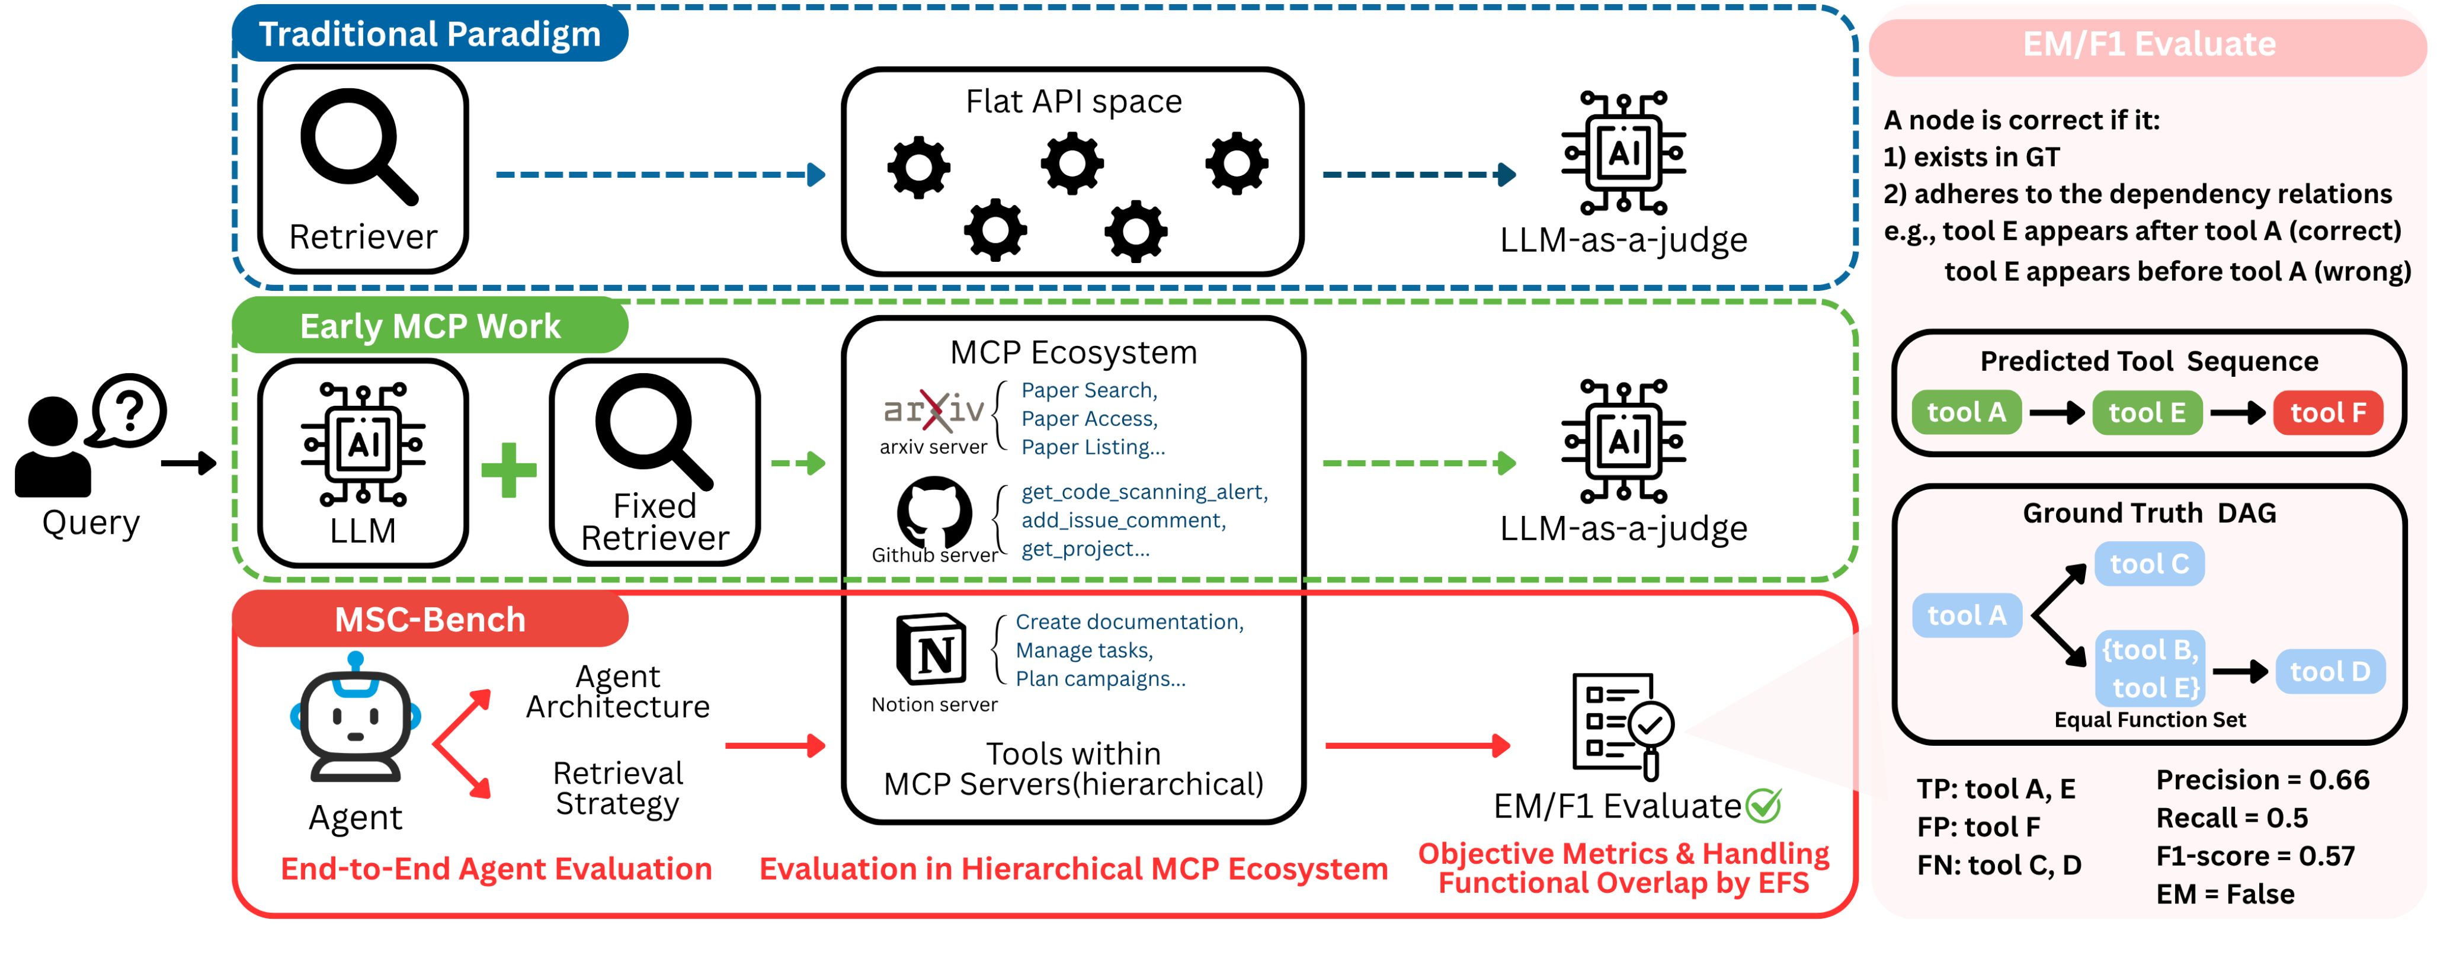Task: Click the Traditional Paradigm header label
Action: (430, 34)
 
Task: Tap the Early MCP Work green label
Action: (430, 326)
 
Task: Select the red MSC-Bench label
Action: (430, 620)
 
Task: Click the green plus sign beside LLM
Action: (509, 469)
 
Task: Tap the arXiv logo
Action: (934, 410)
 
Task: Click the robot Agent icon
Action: (356, 719)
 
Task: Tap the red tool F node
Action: (2327, 412)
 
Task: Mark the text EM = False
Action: (2225, 894)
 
